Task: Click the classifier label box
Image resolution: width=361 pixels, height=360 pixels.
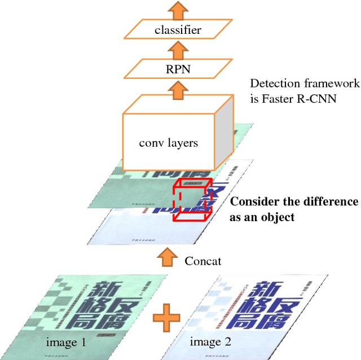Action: point(178,30)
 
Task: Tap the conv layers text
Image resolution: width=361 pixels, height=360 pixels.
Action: point(169,143)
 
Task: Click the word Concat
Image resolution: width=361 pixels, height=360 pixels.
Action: point(203,261)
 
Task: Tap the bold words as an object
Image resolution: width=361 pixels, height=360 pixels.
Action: point(262,217)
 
